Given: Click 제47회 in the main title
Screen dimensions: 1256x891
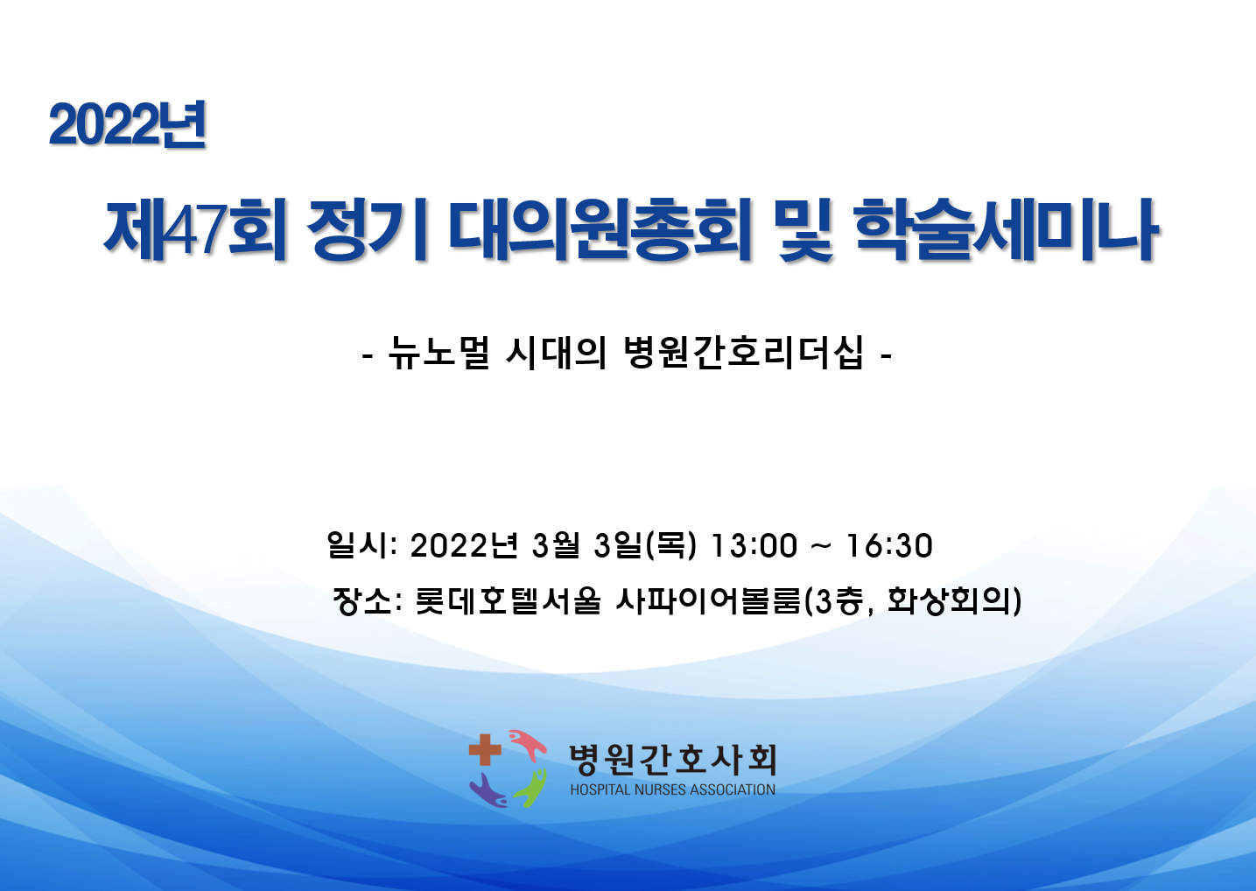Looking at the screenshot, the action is pos(195,230).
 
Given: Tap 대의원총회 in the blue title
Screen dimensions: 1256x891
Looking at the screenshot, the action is pos(600,230).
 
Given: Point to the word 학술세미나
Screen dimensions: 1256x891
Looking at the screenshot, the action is pos(1007,230).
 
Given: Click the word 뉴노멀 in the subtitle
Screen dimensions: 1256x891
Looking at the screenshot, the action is pos(439,354).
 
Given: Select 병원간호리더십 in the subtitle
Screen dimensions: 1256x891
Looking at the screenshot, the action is pos(743,354).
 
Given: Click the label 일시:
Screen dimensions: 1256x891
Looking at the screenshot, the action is pos(362,545).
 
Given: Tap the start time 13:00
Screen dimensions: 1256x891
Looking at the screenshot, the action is pos(753,546).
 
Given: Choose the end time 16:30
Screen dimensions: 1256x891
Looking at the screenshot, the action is pos(889,546).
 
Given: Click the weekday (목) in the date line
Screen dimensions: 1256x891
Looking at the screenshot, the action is pos(671,546).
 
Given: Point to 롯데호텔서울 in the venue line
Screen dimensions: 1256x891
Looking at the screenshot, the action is pos(508,601).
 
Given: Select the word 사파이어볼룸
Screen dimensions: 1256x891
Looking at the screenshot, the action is pos(708,601).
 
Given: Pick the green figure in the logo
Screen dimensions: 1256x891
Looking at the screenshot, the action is pos(530,787).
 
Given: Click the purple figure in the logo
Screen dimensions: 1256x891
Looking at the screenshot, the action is pos(488,790).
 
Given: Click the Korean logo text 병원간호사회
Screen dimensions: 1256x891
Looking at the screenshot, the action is pos(673,760).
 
